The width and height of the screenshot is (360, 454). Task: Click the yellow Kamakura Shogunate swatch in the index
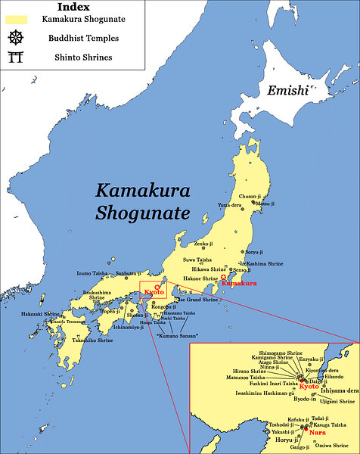(16, 18)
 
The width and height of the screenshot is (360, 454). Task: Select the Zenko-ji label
(203, 245)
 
